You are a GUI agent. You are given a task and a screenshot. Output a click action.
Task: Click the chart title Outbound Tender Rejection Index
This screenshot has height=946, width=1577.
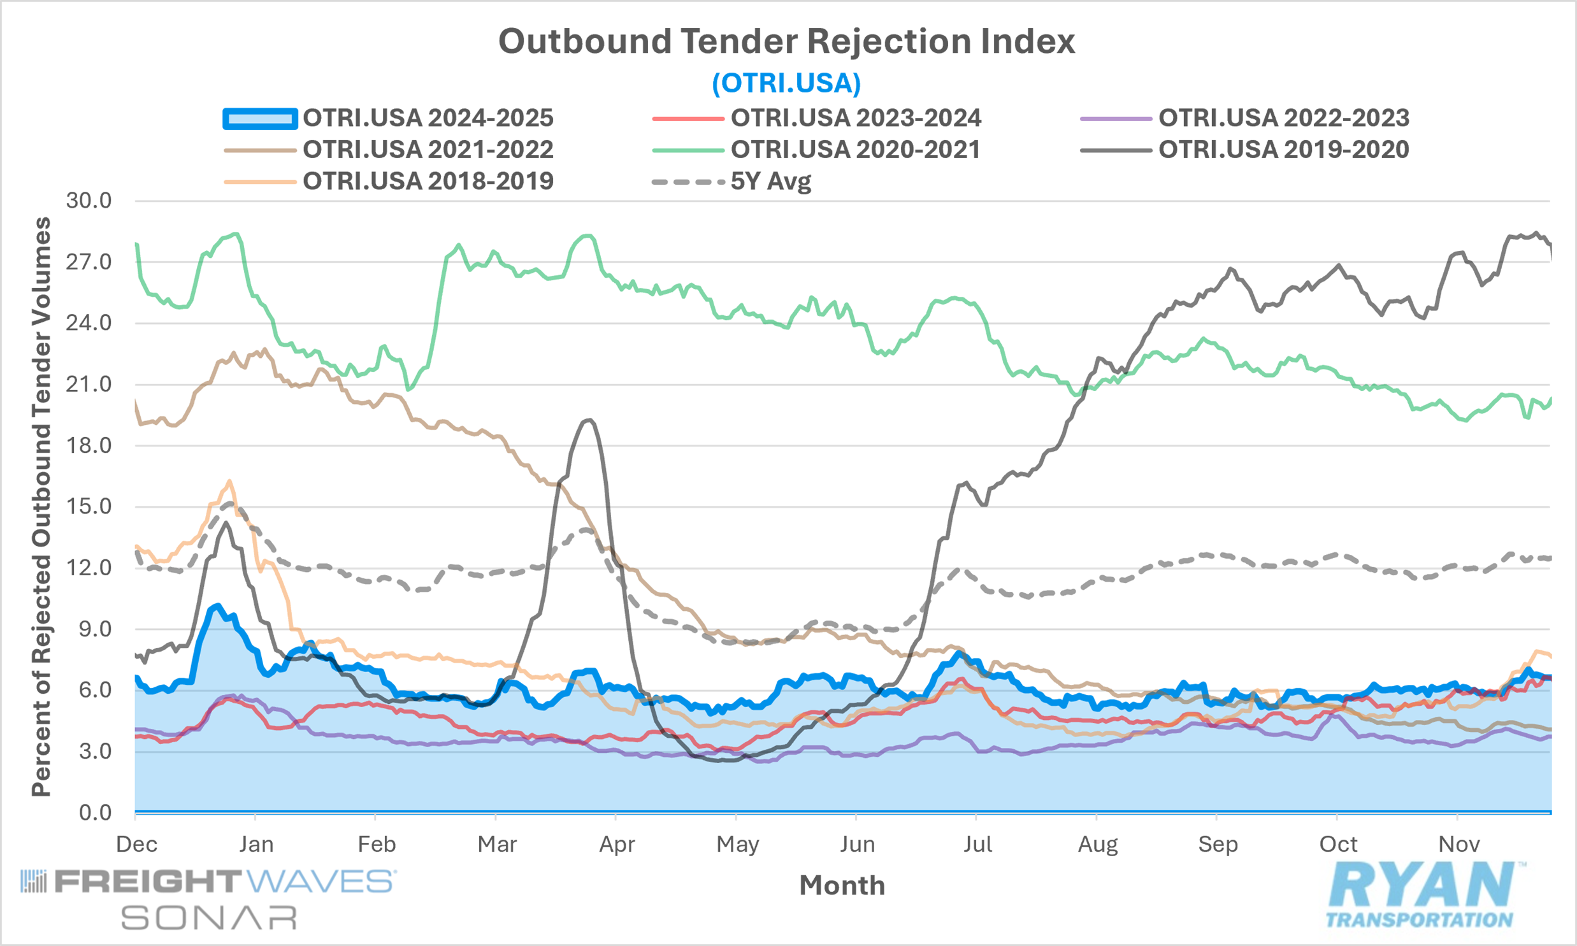[x=786, y=41]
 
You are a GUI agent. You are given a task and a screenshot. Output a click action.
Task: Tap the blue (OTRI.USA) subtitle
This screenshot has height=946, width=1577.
[x=786, y=83]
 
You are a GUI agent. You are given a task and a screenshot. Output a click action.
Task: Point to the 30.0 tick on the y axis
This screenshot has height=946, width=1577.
[x=89, y=201]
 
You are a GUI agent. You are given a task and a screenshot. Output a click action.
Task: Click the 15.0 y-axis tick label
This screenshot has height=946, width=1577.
[x=89, y=507]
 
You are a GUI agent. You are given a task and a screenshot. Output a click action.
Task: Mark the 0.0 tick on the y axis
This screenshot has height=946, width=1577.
[x=95, y=813]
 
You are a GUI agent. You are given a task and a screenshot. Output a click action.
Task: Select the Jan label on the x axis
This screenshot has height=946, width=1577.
[x=256, y=845]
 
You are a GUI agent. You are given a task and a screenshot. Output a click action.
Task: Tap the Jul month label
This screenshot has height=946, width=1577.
[x=977, y=845]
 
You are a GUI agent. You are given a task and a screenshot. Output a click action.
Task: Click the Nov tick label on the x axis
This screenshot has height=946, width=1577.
[x=1458, y=845]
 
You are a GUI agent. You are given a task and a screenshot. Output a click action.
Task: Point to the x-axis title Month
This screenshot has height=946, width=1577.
[x=842, y=885]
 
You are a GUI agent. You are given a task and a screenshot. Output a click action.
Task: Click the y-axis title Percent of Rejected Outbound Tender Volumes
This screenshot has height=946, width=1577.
[x=41, y=507]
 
